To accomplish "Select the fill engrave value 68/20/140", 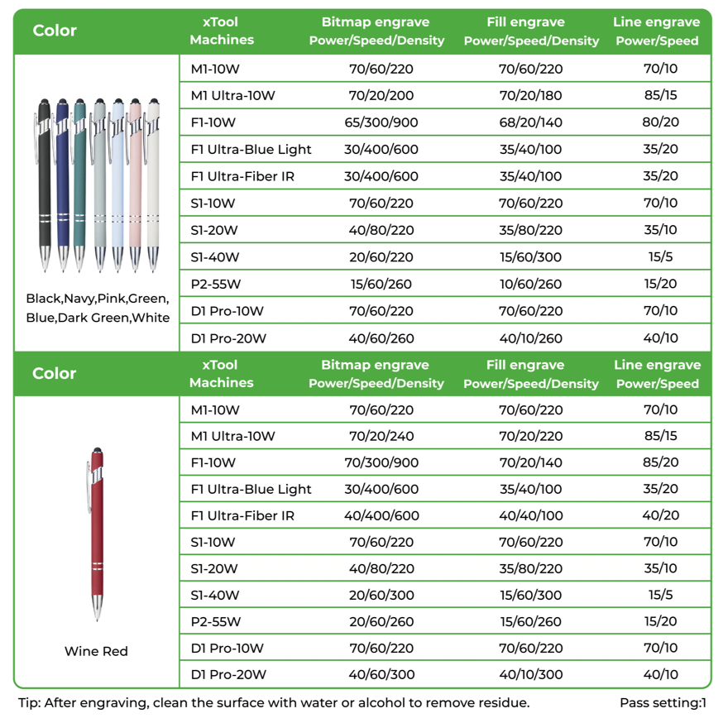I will click(530, 122).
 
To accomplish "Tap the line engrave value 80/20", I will click(660, 122).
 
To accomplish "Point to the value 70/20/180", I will click(530, 96).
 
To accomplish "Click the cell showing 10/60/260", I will click(530, 285).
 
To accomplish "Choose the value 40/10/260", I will click(530, 338).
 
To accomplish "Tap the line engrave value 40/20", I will click(660, 516).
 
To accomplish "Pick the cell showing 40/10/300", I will click(530, 675).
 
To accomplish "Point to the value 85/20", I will click(660, 463).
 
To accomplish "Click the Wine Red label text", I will click(96, 652).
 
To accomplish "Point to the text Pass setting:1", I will click(663, 703).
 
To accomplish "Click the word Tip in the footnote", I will click(28, 703).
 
